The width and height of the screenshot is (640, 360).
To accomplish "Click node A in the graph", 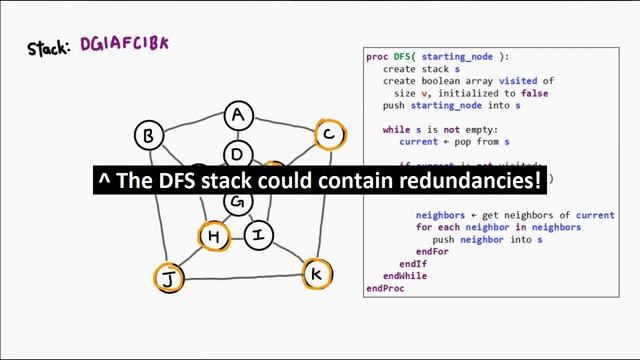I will (237, 116).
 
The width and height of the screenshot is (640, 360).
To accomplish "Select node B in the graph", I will (149, 135).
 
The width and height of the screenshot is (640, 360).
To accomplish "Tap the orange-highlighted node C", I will (329, 134).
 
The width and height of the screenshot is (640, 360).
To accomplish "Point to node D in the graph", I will (237, 154).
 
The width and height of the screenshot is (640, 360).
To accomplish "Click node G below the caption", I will (237, 202).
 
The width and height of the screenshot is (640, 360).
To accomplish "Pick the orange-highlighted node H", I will (213, 237).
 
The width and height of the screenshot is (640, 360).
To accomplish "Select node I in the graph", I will (259, 236).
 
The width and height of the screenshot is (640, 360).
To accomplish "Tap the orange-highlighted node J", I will (168, 278).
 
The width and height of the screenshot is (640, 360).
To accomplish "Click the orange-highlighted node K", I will (317, 273).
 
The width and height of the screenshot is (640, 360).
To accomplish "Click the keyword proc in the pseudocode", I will (376, 57).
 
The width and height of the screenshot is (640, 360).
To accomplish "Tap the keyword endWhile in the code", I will (405, 275).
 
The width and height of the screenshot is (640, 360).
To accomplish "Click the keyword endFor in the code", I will (432, 251).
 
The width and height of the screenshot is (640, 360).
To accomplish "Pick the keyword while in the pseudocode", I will (397, 130).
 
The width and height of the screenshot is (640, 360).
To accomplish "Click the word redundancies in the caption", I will (463, 181).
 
